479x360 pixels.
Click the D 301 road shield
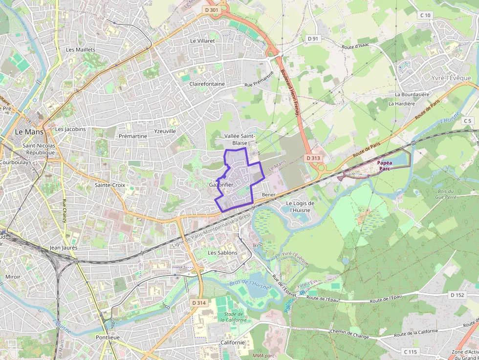coord(211,10)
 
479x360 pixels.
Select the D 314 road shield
coord(199,303)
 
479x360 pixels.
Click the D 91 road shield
coord(313,39)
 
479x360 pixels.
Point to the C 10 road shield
coord(426,16)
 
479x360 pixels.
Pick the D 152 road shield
coord(457,295)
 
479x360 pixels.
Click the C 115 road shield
coord(411,352)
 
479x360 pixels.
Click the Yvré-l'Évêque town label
coord(451,78)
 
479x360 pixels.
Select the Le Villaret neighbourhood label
coord(202,41)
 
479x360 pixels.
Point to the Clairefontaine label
coord(207,84)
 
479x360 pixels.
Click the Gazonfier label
coord(221,185)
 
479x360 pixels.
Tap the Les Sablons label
coord(222,253)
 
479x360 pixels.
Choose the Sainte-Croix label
coord(110,185)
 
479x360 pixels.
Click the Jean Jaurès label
coord(64,248)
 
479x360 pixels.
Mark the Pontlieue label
coord(108,338)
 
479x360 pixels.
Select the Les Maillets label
coord(81,50)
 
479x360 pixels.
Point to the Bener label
coord(269,194)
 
